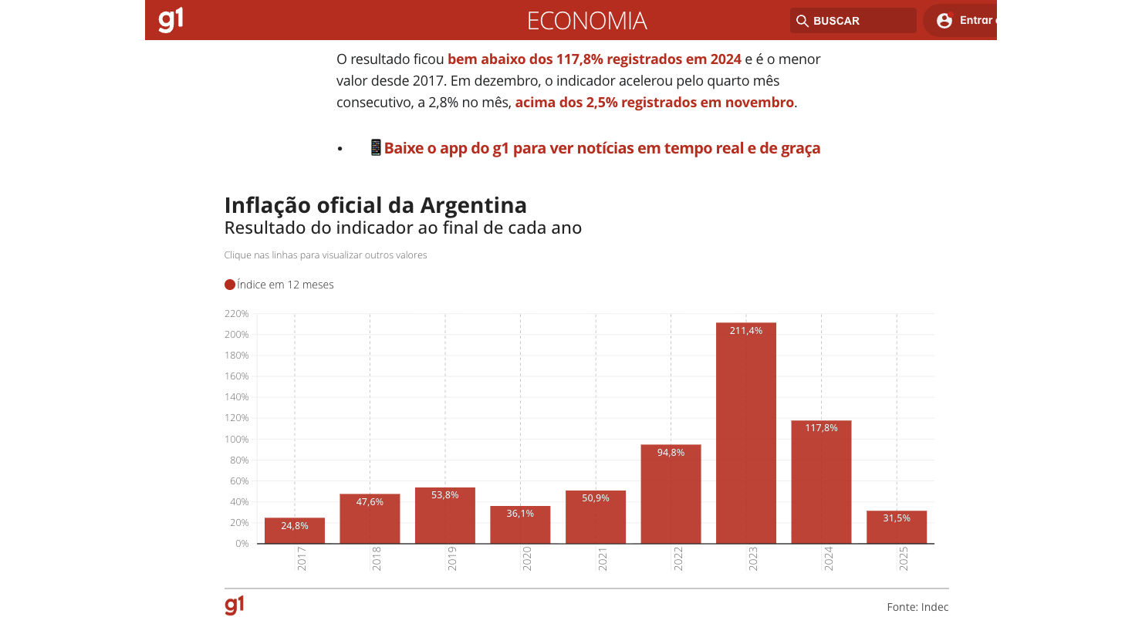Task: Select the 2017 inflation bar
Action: click(x=294, y=532)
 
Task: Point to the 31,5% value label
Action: click(x=897, y=518)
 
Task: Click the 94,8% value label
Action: click(x=671, y=453)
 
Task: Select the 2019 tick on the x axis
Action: click(x=452, y=558)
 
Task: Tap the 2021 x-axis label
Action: click(x=603, y=558)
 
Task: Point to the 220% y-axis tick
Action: click(x=237, y=314)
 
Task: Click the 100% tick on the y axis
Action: click(x=237, y=440)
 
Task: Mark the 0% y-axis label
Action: click(x=242, y=544)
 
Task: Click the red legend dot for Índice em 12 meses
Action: click(x=230, y=285)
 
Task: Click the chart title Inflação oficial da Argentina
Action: click(x=376, y=205)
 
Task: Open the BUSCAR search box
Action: click(x=853, y=21)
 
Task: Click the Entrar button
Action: click(x=965, y=21)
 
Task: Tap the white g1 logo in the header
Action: click(x=171, y=20)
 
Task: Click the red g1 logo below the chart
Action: click(x=235, y=605)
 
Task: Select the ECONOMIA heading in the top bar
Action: click(x=586, y=21)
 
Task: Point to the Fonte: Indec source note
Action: click(x=917, y=607)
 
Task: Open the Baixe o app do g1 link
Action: click(x=602, y=148)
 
